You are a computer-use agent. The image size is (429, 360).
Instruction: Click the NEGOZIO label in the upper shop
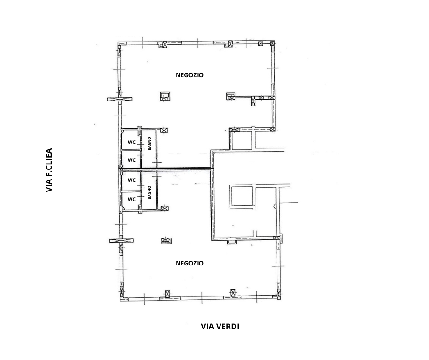[x=189, y=75]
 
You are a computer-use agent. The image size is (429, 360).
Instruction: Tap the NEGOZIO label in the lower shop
[x=189, y=263]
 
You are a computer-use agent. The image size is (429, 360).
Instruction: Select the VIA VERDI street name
[x=220, y=327]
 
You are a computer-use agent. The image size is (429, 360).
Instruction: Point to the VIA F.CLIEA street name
[x=49, y=170]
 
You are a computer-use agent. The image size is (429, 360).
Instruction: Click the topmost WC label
[x=131, y=142]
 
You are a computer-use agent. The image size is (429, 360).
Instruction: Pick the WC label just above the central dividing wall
[x=131, y=160]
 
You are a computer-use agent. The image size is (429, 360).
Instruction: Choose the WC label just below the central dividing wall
[x=131, y=180]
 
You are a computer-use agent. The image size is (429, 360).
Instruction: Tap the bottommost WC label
[x=131, y=199]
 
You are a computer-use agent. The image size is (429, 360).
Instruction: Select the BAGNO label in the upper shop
[x=149, y=143]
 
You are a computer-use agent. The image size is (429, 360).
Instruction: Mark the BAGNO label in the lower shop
[x=149, y=193]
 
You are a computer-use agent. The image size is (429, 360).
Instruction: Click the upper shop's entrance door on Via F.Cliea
[x=120, y=99]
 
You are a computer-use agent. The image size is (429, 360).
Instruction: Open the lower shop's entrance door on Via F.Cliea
[x=121, y=241]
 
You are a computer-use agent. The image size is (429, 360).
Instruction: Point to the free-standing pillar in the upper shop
[x=165, y=96]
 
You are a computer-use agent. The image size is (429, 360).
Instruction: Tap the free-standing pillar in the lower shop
[x=166, y=241]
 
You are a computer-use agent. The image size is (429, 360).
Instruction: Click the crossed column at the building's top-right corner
[x=272, y=43]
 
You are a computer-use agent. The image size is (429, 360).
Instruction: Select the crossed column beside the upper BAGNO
[x=164, y=130]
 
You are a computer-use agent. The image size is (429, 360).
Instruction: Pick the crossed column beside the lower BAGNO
[x=164, y=208]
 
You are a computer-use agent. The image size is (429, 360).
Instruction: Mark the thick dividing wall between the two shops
[x=166, y=168]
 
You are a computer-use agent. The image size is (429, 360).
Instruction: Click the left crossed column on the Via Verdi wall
[x=167, y=294]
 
